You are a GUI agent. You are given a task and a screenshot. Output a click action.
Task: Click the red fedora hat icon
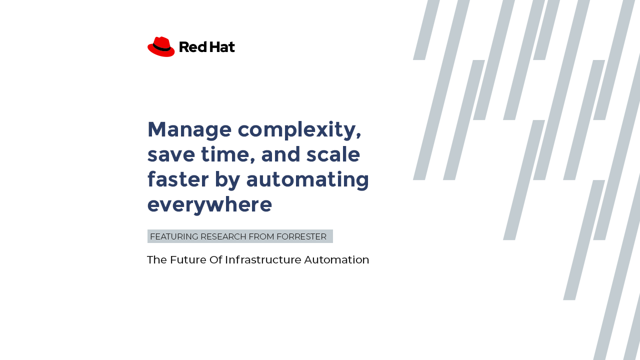pyautogui.click(x=161, y=46)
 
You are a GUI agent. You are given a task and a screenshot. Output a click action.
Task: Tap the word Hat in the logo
pyautogui.click(x=222, y=47)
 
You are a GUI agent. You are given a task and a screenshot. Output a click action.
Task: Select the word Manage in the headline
pyautogui.click(x=189, y=130)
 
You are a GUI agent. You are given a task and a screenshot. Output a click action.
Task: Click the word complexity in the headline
pyautogui.click(x=299, y=130)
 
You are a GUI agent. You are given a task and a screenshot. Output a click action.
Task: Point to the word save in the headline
pyautogui.click(x=171, y=154)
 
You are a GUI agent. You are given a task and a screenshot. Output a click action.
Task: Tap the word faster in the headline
pyautogui.click(x=178, y=179)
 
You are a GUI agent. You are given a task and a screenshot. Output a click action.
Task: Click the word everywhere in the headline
pyautogui.click(x=209, y=204)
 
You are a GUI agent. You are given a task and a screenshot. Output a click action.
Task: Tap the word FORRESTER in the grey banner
pyautogui.click(x=301, y=236)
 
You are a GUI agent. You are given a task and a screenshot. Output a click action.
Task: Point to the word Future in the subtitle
pyautogui.click(x=188, y=259)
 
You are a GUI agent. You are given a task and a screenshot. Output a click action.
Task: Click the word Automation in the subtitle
pyautogui.click(x=336, y=259)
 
